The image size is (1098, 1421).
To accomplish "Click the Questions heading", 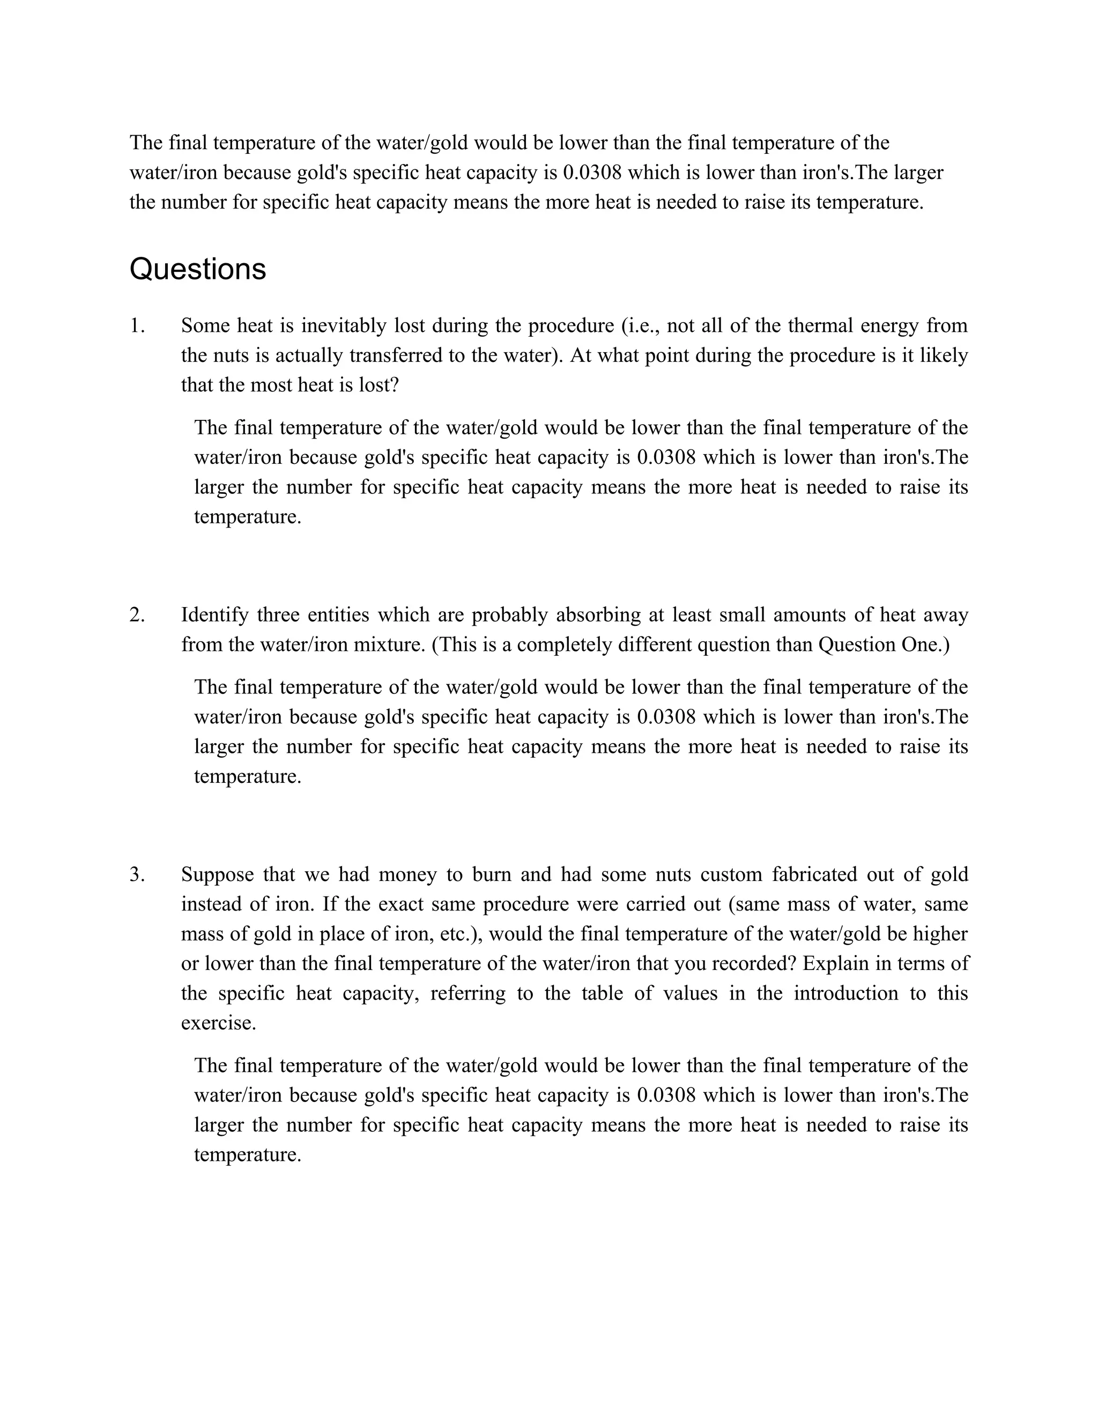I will pos(198,269).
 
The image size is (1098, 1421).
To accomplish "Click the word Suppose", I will pos(217,875).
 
